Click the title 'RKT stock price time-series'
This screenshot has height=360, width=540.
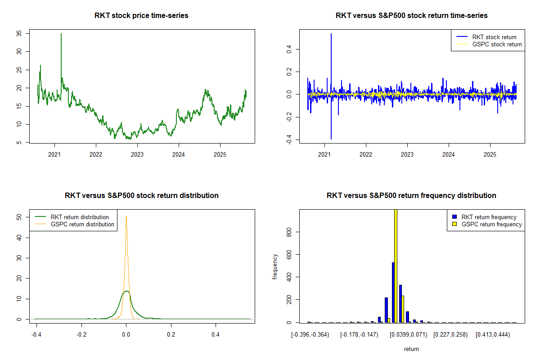141,16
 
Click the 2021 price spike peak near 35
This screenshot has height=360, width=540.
61,34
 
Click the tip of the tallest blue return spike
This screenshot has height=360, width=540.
331,34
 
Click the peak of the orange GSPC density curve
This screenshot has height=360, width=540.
126,216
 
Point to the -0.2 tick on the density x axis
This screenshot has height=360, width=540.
81,335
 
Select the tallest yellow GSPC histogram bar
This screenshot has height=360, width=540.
396,265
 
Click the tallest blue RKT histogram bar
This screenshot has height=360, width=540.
393,292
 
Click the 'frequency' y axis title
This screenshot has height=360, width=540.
275,267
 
